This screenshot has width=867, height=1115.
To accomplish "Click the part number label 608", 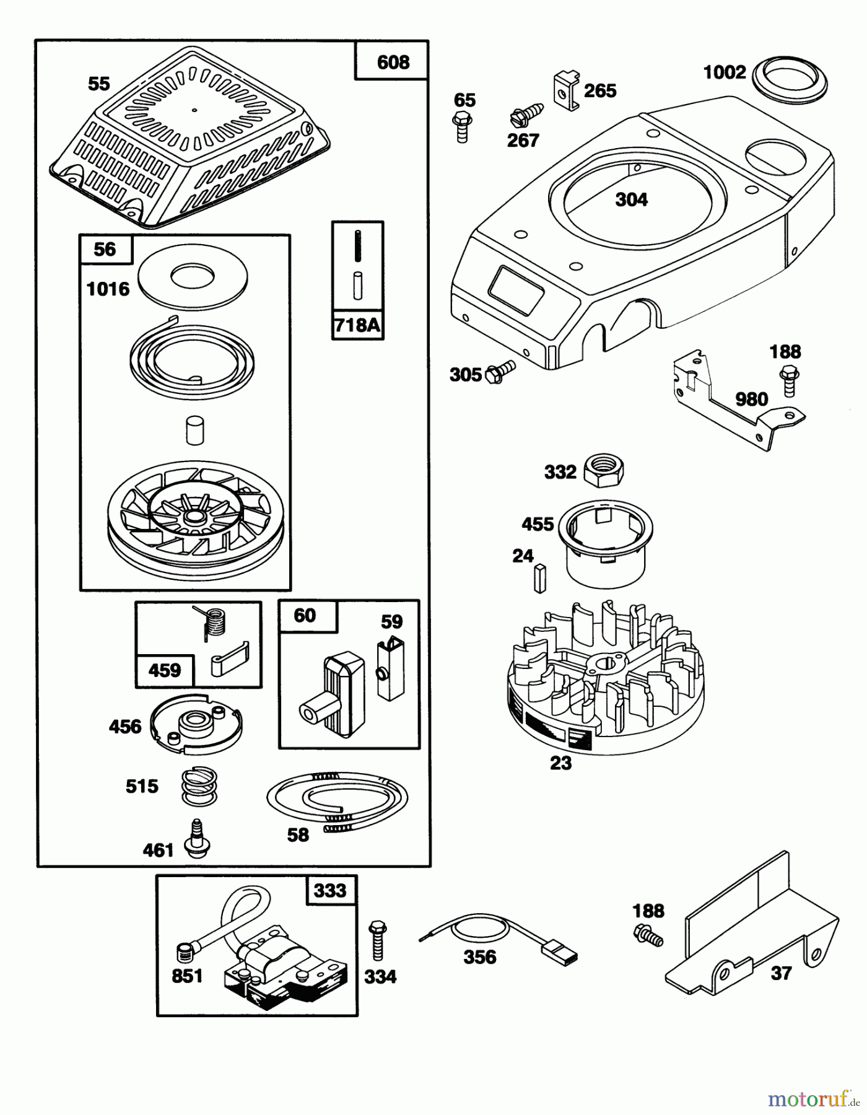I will pyautogui.click(x=393, y=62).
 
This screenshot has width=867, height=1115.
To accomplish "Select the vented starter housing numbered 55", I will pyautogui.click(x=190, y=155).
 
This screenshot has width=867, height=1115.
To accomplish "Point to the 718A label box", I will pyautogui.click(x=357, y=325).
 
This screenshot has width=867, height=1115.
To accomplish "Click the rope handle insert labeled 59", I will pyautogui.click(x=390, y=670).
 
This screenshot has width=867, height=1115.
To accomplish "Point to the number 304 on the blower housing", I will pyautogui.click(x=631, y=199).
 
